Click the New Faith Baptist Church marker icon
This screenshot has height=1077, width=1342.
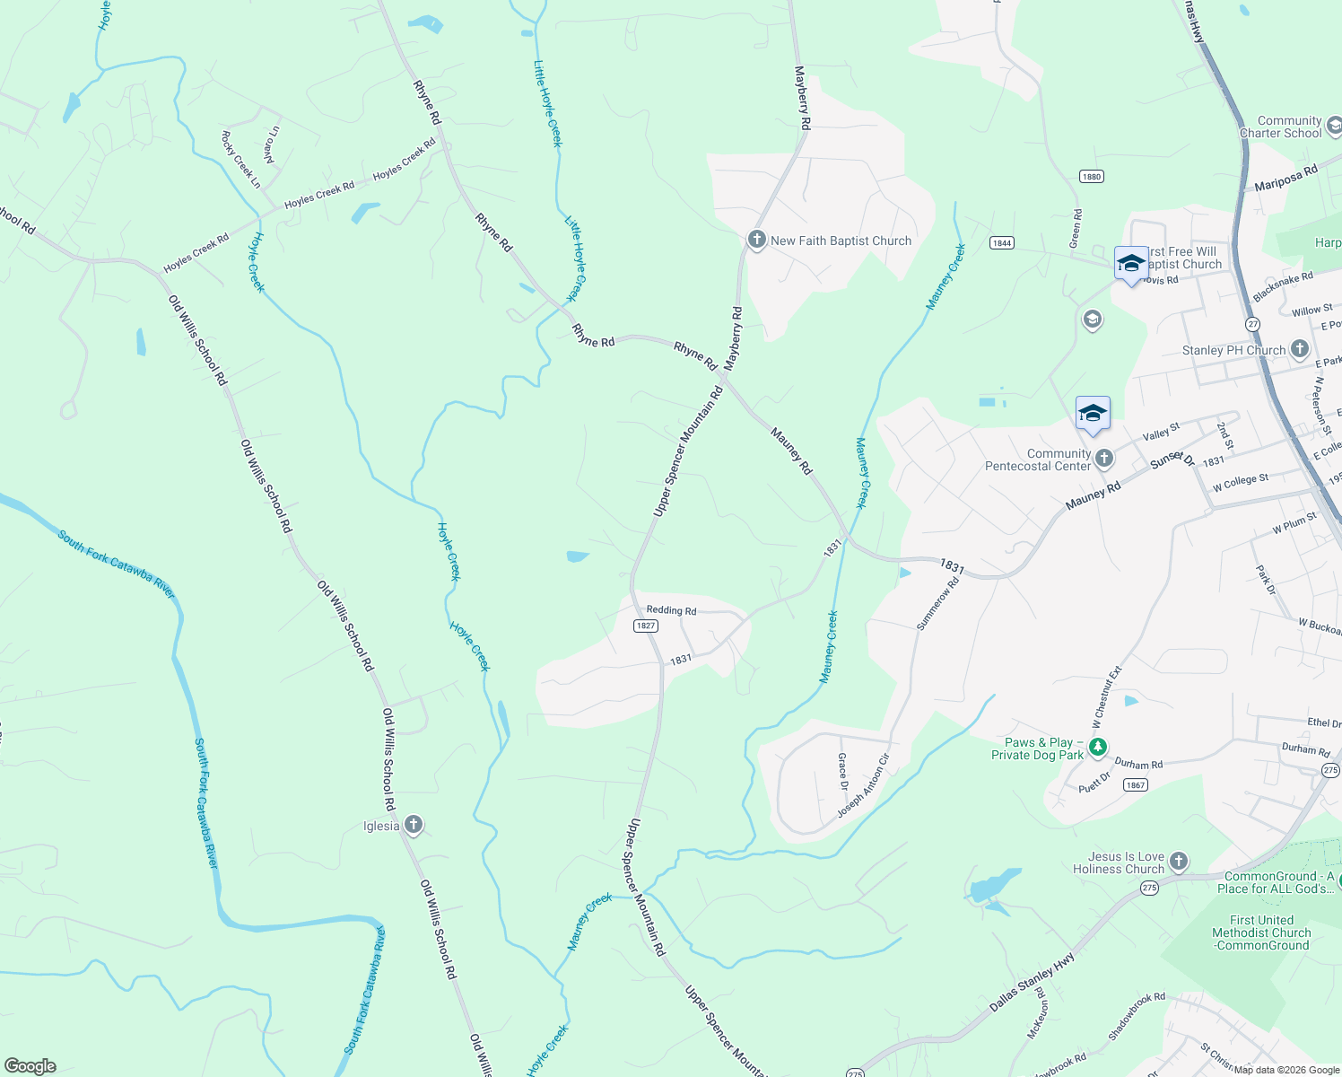click(756, 240)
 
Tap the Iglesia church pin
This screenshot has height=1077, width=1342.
click(414, 825)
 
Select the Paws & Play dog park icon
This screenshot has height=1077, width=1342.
click(1097, 747)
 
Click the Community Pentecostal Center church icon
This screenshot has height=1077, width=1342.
click(1104, 459)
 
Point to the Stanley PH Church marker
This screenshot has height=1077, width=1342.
click(1300, 349)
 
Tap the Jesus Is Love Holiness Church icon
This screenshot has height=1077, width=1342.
click(1179, 862)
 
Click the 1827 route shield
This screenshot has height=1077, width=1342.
click(646, 626)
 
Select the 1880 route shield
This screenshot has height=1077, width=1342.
click(1091, 177)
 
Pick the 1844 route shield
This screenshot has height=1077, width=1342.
click(1002, 243)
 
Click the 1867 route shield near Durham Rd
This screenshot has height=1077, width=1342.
click(1136, 784)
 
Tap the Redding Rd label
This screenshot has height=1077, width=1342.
click(671, 610)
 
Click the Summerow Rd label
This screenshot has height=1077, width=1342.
click(938, 603)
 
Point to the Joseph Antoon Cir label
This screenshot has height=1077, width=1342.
click(863, 786)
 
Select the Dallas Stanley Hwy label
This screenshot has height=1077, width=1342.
click(1032, 983)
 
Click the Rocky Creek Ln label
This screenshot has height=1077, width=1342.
click(240, 160)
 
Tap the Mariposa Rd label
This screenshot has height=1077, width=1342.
click(1285, 178)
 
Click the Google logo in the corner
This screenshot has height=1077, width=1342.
click(30, 1066)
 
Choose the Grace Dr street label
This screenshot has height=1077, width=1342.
click(842, 771)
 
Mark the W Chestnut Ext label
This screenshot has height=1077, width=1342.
click(1107, 696)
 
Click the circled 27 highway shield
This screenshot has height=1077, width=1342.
click(1253, 324)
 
